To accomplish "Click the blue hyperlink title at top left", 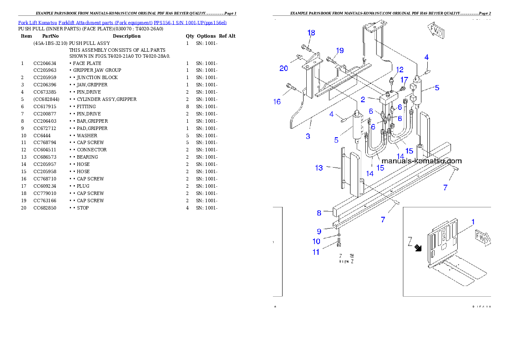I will tap(122, 22).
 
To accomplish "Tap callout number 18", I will tap(311, 33).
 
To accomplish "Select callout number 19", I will tap(339, 50).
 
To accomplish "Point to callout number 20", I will tap(284, 68).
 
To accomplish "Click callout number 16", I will tap(277, 101).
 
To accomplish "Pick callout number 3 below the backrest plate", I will tap(308, 136).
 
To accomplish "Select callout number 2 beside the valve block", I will tap(362, 99).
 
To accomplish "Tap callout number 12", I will tap(399, 70).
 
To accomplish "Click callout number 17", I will tap(404, 80).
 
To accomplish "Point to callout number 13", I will tap(319, 168).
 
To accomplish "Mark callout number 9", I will tap(319, 231).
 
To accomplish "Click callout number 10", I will tap(316, 242).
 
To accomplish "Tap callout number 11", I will tap(316, 252).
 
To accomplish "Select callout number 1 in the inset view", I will tap(473, 222).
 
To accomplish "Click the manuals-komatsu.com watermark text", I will tap(421, 161).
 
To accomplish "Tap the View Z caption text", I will tap(346, 258).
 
